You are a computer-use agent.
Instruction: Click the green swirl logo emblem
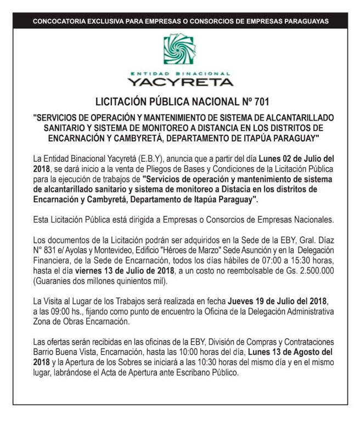[x=179, y=50]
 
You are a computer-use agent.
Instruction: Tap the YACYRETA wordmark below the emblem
[x=180, y=82]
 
